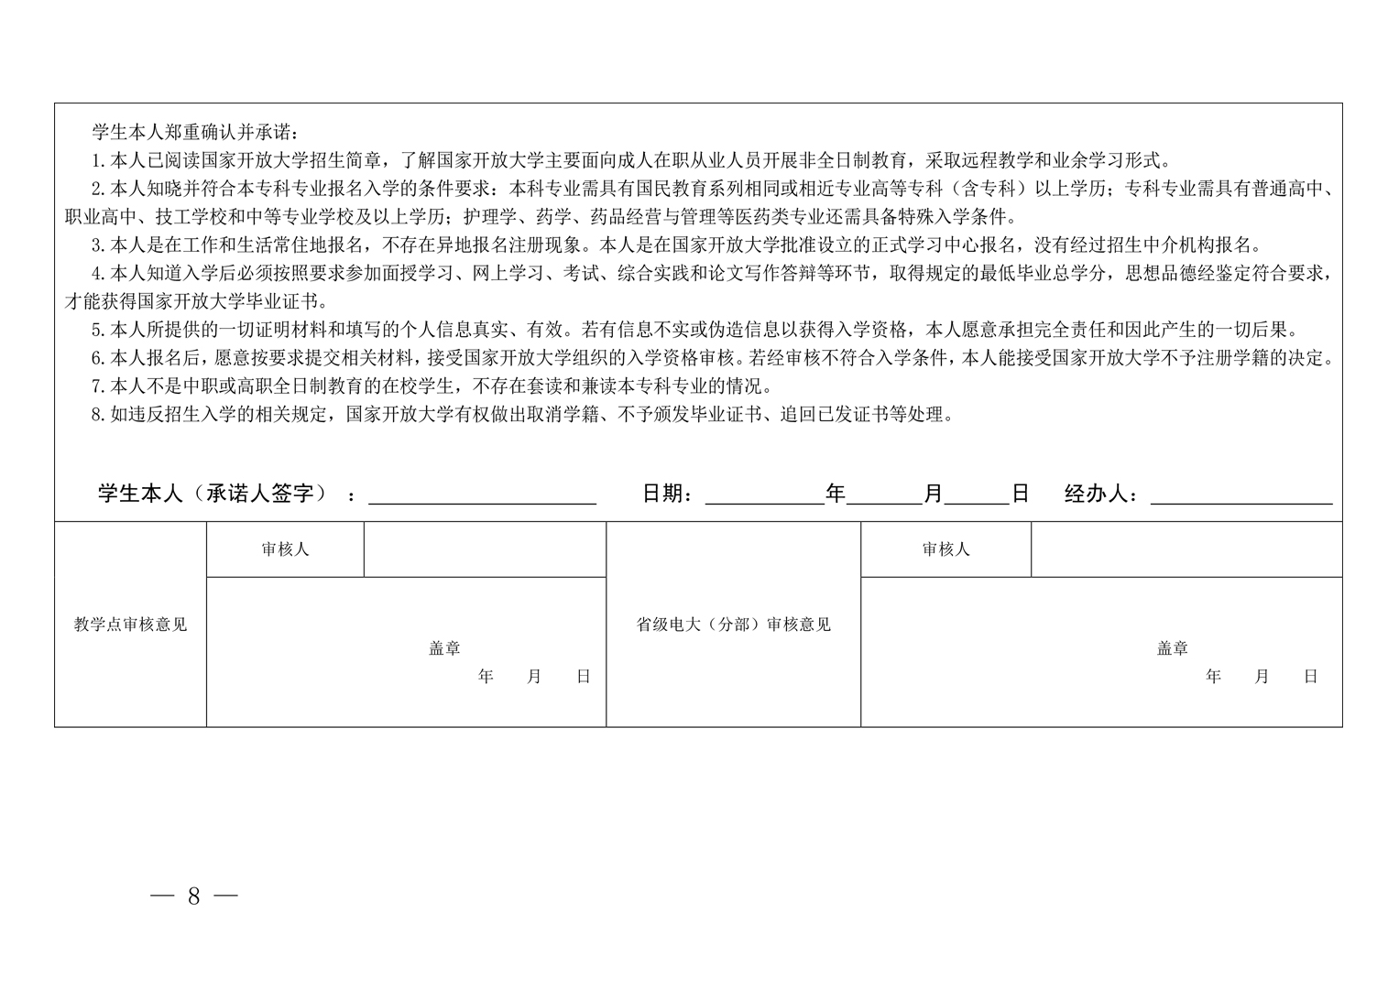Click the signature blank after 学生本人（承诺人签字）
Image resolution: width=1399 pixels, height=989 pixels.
click(482, 494)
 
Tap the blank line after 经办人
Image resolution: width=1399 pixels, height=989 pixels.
click(1241, 494)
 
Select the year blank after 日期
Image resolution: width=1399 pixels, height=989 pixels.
click(764, 494)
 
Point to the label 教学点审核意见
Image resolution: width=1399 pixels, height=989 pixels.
click(130, 625)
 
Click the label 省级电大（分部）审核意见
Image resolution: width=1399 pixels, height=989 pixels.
click(733, 625)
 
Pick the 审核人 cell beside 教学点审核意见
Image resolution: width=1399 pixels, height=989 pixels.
click(285, 549)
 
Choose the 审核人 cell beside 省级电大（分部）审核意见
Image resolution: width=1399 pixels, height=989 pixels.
click(945, 549)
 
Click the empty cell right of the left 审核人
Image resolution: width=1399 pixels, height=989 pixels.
click(485, 549)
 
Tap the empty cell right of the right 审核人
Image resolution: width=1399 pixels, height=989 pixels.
click(1186, 549)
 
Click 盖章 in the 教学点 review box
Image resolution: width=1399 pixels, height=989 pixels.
click(444, 648)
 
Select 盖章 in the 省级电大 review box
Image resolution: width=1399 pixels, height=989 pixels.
click(1172, 648)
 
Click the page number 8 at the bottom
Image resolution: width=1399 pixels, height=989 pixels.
click(193, 896)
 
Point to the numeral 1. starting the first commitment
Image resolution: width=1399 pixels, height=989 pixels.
click(99, 161)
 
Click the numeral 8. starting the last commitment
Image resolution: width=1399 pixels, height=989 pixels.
click(99, 415)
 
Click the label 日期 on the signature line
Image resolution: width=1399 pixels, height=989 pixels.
click(666, 494)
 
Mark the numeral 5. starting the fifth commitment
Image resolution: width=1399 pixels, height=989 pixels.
click(99, 331)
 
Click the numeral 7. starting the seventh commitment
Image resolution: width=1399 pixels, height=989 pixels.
click(99, 386)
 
